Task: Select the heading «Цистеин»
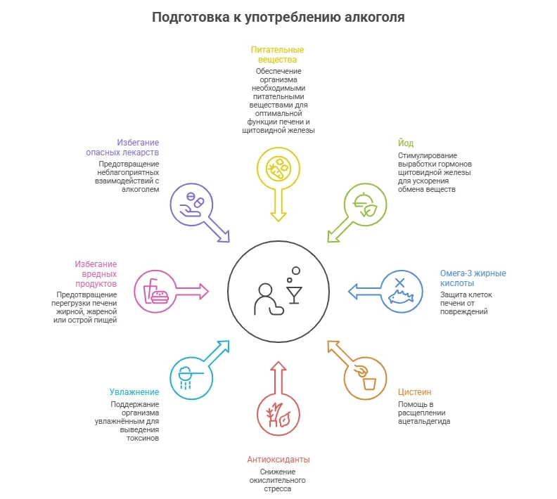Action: [x=415, y=391]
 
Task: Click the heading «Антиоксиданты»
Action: [x=278, y=459]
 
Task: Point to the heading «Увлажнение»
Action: [x=134, y=391]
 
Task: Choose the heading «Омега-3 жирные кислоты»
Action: [x=473, y=278]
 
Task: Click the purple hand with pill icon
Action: [x=193, y=204]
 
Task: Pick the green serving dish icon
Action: [x=366, y=204]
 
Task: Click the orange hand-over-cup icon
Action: [x=364, y=377]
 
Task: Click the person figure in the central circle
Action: [x=266, y=299]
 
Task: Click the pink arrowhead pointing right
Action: [x=203, y=290]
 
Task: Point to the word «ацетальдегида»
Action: [x=424, y=421]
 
